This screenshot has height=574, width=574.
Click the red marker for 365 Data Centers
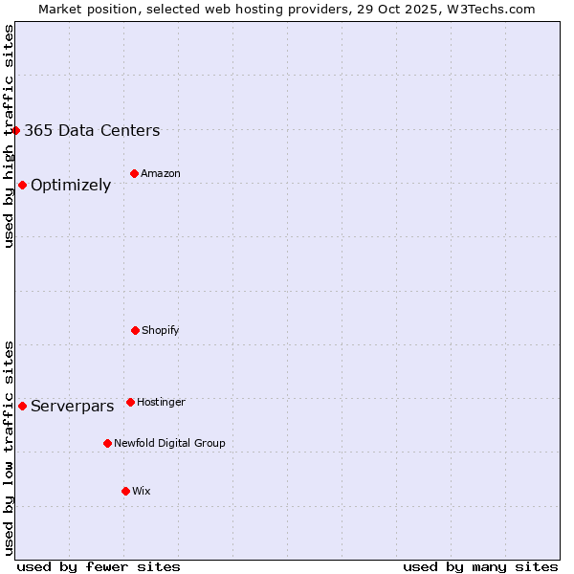(x=16, y=130)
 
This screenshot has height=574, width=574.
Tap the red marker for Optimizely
(x=22, y=185)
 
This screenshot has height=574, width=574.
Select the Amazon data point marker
(x=134, y=173)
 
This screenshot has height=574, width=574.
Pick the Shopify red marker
(x=135, y=330)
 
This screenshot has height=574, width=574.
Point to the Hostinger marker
(x=130, y=402)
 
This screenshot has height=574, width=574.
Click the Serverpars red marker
(x=22, y=406)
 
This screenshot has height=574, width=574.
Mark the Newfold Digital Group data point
(x=107, y=443)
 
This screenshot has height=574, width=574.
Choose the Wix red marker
(x=125, y=491)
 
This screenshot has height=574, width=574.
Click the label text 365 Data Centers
(x=92, y=131)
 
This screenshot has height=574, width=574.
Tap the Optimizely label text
(x=71, y=186)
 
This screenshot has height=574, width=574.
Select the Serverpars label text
(x=72, y=407)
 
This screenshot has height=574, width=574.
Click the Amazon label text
(x=161, y=174)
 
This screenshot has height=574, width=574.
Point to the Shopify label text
(x=161, y=331)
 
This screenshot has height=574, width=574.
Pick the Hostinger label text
(x=161, y=403)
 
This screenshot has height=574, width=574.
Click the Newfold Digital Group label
(x=169, y=444)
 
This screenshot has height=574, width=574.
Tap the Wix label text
(x=142, y=492)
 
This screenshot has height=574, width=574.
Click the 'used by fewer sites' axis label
(x=99, y=566)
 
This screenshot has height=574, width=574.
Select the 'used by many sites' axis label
(x=480, y=566)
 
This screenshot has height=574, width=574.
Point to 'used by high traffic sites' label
(x=9, y=136)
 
